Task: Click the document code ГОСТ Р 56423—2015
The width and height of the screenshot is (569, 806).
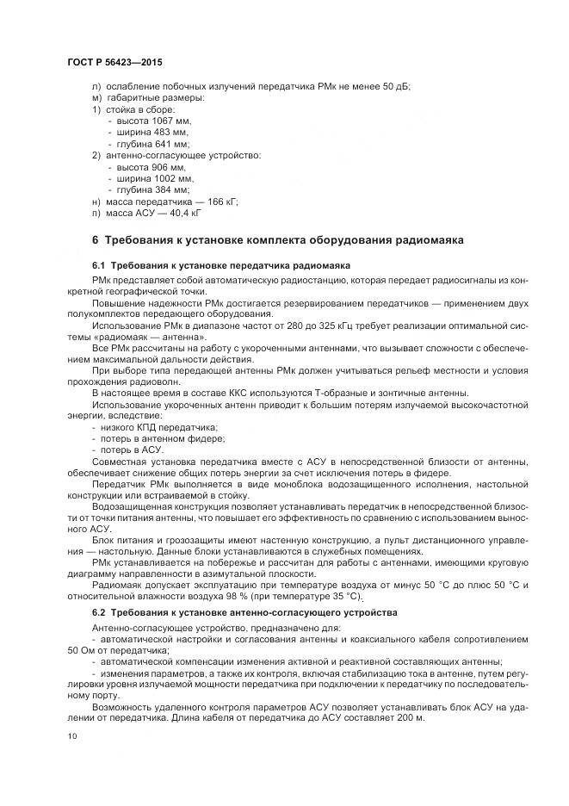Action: [x=114, y=63]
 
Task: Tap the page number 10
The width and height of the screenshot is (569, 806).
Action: [x=71, y=736]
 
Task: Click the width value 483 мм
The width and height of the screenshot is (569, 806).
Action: [x=170, y=133]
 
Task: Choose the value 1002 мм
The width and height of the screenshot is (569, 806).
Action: [x=173, y=177]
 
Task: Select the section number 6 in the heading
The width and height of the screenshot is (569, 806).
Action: [x=95, y=239]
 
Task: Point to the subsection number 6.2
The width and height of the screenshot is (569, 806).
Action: [x=97, y=612]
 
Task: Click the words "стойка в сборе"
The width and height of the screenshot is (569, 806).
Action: [x=139, y=109]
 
